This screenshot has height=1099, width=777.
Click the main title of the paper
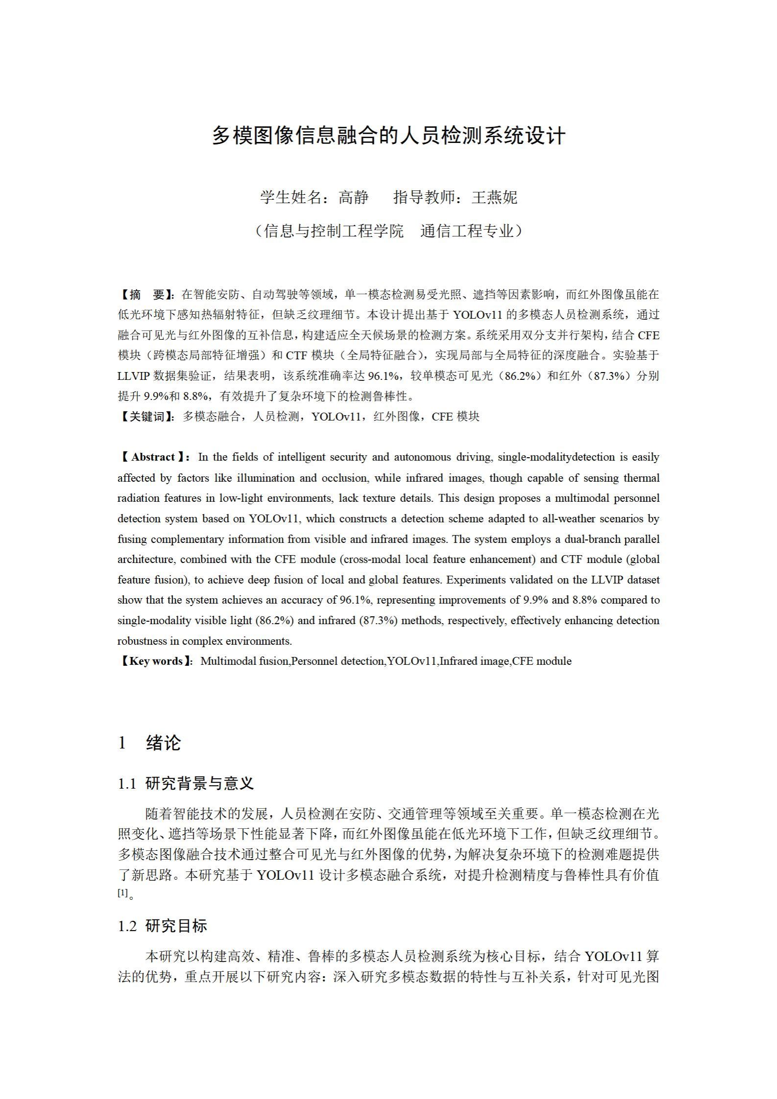[x=388, y=136]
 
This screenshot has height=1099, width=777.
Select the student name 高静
[x=353, y=197]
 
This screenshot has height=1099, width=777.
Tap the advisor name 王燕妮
[x=494, y=197]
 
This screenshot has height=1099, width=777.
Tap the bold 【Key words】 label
[x=156, y=661]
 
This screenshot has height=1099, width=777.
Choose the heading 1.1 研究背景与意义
[x=186, y=784]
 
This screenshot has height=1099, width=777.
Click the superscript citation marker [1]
[x=122, y=892]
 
